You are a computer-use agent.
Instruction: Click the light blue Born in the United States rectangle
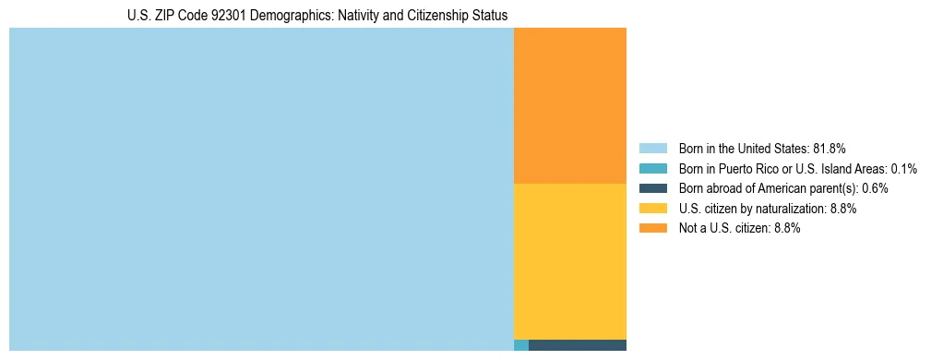261,189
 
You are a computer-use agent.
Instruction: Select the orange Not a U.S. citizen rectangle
569,105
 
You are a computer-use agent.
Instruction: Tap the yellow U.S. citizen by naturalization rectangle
569,261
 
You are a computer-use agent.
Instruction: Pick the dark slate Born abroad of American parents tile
577,345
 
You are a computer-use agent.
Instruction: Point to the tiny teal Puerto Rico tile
520,345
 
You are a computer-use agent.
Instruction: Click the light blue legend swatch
652,148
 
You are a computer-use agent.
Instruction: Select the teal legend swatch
652,168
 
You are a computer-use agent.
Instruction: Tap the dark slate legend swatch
652,188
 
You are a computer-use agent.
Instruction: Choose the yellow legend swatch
652,209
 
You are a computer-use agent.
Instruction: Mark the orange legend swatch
652,228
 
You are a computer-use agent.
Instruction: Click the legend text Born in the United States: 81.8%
762,148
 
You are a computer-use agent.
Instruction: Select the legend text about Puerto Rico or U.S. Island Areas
797,168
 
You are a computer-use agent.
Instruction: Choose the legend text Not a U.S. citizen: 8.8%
739,228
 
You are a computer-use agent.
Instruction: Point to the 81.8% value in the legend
830,148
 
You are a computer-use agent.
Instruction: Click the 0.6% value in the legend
876,188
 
